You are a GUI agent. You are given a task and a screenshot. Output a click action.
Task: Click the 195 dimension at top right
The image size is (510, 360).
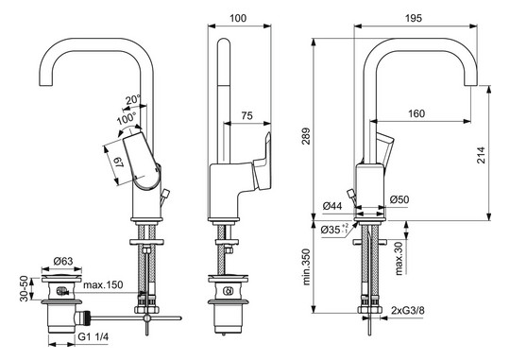pos(408,18)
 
